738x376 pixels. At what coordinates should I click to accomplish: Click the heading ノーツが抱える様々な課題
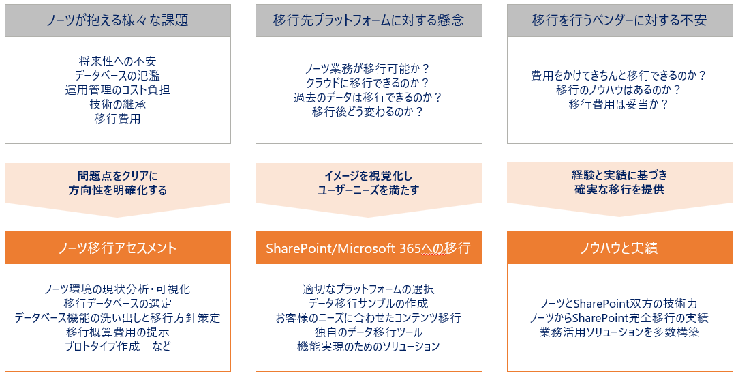[x=118, y=20]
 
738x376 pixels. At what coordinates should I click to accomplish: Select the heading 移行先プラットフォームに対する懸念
[x=369, y=20]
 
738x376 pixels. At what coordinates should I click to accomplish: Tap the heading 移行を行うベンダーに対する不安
[x=619, y=20]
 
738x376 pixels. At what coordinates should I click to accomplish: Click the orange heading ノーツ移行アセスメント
[x=118, y=248]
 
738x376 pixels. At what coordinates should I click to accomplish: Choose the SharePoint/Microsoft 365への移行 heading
[x=369, y=248]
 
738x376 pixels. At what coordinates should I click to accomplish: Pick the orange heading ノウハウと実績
[x=619, y=248]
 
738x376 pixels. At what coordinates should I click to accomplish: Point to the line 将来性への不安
[x=118, y=61]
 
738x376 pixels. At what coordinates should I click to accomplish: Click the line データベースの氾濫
[x=118, y=75]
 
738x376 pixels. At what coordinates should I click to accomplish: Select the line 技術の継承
[x=118, y=104]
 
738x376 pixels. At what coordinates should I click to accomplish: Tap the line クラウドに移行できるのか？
[x=368, y=83]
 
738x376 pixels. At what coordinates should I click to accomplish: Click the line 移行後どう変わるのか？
[x=368, y=112]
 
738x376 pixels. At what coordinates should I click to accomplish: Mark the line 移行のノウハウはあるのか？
[x=619, y=89]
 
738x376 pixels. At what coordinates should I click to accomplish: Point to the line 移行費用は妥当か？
[x=619, y=104]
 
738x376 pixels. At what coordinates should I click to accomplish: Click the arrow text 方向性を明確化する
[x=118, y=190]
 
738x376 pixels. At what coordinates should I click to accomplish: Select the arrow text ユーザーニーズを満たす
[x=368, y=190]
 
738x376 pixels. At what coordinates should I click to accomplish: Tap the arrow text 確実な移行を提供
[x=619, y=190]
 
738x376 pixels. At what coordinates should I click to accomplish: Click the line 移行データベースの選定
[x=118, y=304]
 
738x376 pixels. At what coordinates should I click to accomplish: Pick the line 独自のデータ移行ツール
[x=369, y=332]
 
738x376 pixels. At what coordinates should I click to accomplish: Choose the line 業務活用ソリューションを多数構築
[x=619, y=332]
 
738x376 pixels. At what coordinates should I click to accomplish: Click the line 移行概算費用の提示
[x=118, y=332]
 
